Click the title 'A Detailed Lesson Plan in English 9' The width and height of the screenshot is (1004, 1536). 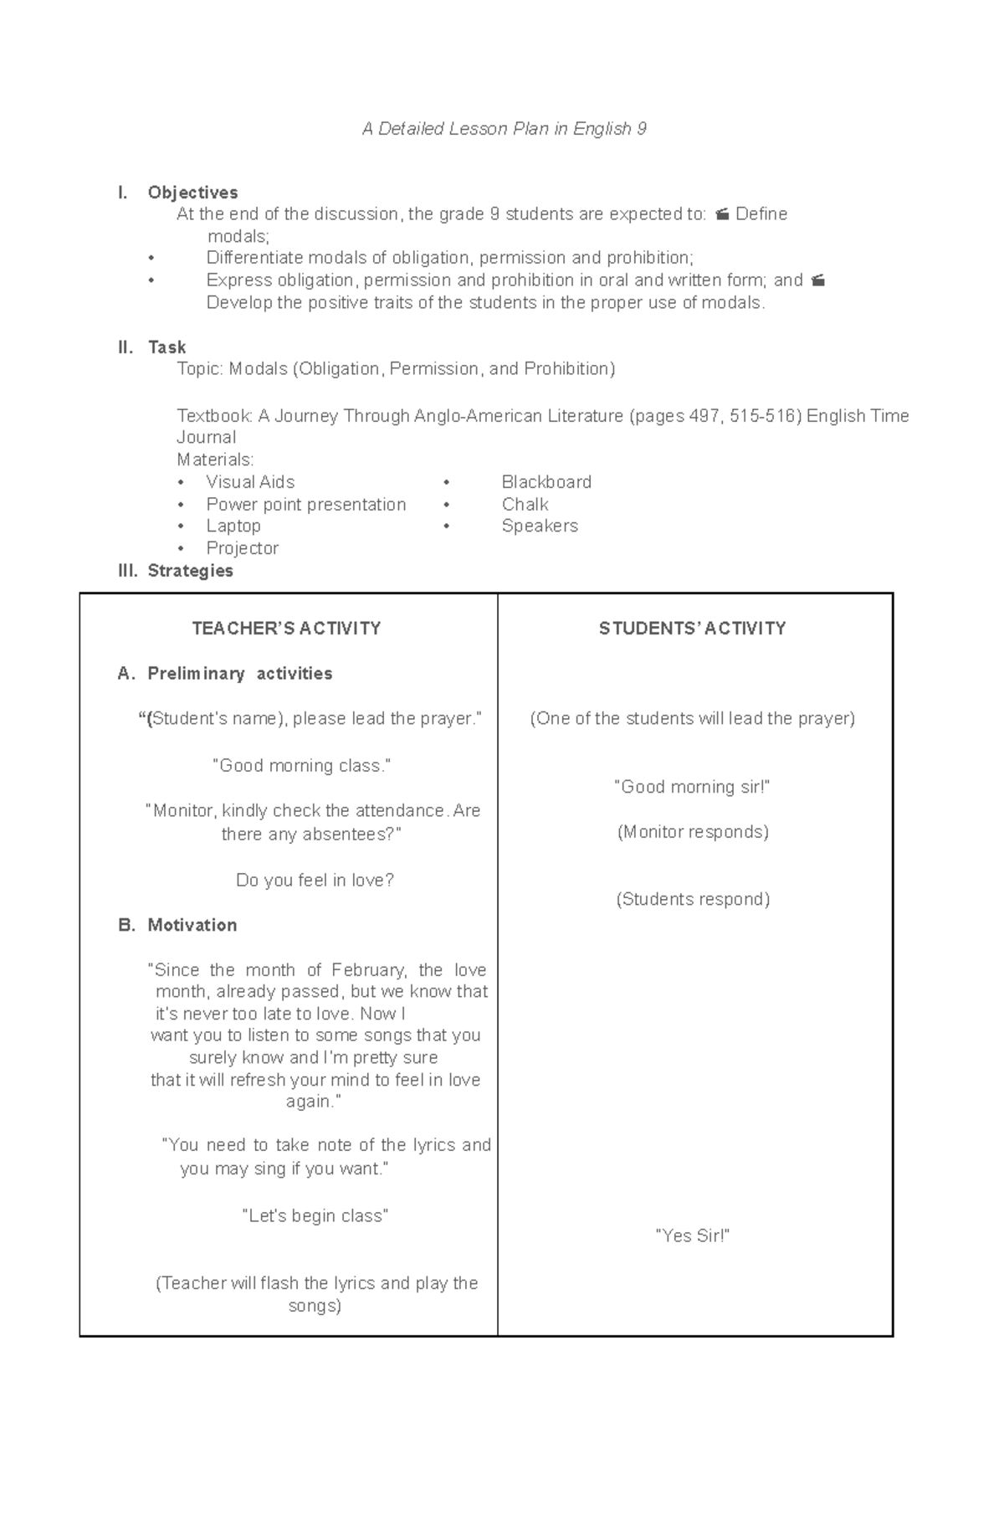coord(504,129)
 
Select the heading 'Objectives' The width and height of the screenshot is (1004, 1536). coord(192,193)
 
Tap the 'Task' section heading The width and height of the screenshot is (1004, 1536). coord(166,347)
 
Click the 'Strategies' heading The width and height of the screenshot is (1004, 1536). coord(190,571)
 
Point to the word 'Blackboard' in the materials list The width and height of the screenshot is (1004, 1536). coord(546,482)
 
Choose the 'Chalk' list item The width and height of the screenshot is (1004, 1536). coord(525,504)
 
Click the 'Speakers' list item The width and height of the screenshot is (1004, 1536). coord(540,526)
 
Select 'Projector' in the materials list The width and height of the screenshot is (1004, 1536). coord(242,548)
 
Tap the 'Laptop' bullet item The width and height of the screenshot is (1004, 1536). coord(233,526)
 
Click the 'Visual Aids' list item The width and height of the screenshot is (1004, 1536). coord(250,482)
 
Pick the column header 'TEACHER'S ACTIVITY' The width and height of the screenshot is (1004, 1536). coord(286,629)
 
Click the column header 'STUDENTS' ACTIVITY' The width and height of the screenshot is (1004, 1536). coord(692,629)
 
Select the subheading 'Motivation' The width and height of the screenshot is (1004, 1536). coord(192,925)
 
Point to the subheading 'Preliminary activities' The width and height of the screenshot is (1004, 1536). coord(239,674)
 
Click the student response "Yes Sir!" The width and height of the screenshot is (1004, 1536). coord(692,1236)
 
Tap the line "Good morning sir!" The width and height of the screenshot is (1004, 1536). coord(692,787)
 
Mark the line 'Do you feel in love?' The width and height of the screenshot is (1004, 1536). coord(315,881)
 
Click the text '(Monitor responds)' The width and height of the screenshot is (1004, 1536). coord(693,832)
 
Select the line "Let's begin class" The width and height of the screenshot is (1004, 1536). coord(315,1216)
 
